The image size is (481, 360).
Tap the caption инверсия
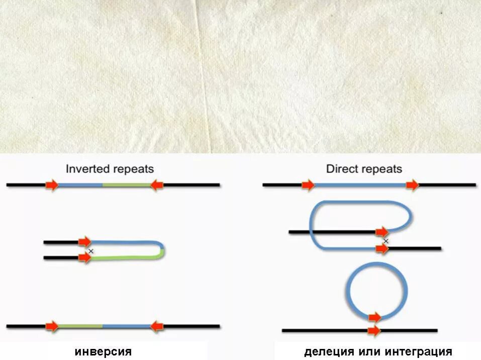tap(103, 352)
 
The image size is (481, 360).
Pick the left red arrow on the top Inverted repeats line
tap(52, 185)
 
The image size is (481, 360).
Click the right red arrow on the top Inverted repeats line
tap(157, 185)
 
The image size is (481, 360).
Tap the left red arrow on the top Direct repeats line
tap(308, 185)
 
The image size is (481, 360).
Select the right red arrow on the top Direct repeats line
tap(413, 185)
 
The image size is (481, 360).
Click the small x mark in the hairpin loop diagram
tap(91, 250)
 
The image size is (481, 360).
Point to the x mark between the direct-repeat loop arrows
tap(386, 241)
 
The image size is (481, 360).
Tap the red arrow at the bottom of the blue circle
tap(374, 317)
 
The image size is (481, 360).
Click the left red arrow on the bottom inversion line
tap(52, 326)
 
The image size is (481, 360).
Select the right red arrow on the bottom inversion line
tap(157, 326)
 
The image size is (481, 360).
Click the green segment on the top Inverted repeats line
tap(126, 185)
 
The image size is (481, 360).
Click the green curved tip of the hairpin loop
tap(162, 251)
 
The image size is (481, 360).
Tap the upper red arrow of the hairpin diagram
tap(84, 242)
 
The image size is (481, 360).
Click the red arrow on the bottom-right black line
tap(374, 330)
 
